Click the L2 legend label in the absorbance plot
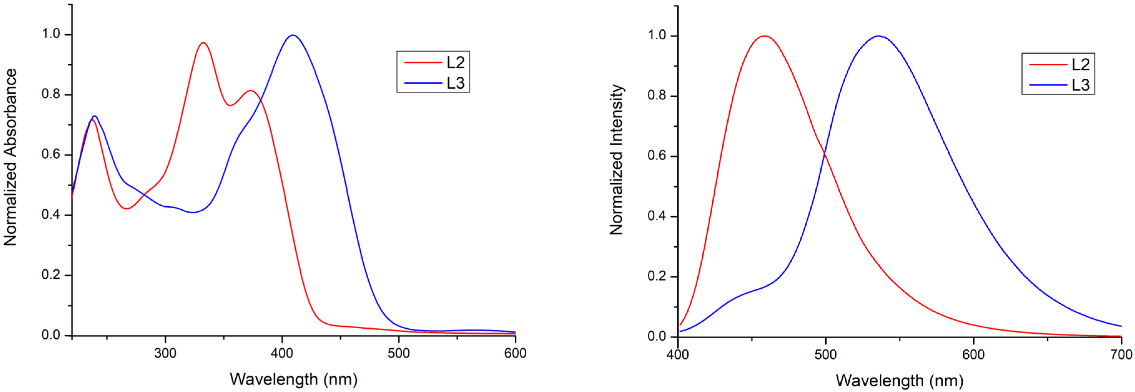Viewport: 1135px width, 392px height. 455,62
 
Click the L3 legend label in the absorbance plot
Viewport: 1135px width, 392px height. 455,83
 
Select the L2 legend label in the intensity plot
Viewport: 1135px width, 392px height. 1080,64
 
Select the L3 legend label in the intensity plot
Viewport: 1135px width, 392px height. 1080,85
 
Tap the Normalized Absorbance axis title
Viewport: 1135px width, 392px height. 11,157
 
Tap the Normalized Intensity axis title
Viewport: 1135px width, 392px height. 617,160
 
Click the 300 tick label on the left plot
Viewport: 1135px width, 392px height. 165,353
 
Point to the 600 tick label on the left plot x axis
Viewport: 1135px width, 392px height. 515,353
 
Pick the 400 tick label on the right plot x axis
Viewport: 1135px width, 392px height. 678,355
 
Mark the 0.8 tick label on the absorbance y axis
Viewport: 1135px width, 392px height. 51,94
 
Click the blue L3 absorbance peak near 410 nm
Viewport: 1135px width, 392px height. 292,35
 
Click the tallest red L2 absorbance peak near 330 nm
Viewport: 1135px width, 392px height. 203,43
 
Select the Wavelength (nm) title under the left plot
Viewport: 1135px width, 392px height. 293,379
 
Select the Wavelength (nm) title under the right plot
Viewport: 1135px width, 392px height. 899,380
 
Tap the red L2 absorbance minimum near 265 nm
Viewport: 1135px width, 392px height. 126,208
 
